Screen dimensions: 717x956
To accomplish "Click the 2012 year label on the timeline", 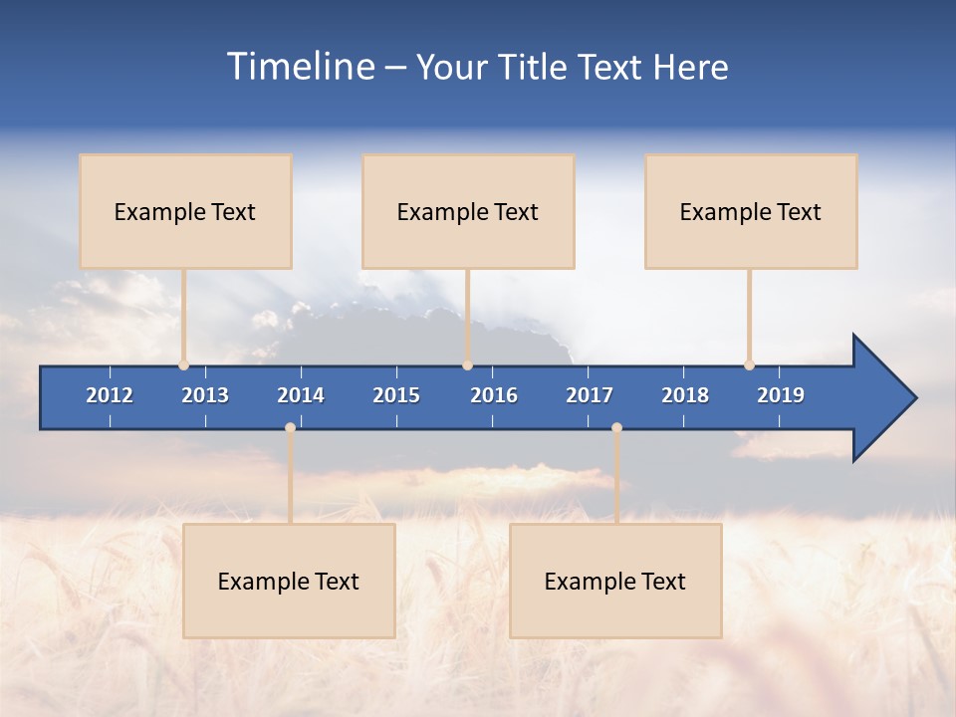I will (x=110, y=395).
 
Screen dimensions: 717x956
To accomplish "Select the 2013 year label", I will (x=205, y=395).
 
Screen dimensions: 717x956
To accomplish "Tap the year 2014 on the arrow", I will (x=301, y=395).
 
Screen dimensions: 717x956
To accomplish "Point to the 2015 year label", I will (x=396, y=395).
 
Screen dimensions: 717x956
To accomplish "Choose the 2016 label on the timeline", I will (x=494, y=395).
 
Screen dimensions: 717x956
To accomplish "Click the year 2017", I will (x=590, y=395).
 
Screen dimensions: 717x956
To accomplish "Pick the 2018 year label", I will (x=685, y=395).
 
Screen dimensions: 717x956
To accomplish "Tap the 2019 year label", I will (x=781, y=395).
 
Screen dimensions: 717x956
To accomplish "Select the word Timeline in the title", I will (x=300, y=67).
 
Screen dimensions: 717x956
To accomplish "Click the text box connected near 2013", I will (x=185, y=211).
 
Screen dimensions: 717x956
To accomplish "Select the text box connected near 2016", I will (x=468, y=211).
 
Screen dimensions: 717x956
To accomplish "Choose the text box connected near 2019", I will (x=751, y=211).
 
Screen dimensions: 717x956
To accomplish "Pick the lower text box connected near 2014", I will (x=289, y=581).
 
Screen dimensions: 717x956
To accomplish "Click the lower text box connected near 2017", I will (x=615, y=581).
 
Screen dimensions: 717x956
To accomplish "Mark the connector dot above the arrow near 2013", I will (x=184, y=365).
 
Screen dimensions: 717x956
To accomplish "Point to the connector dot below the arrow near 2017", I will (x=616, y=428).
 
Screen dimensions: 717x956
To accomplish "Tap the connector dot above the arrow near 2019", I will (x=749, y=365).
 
